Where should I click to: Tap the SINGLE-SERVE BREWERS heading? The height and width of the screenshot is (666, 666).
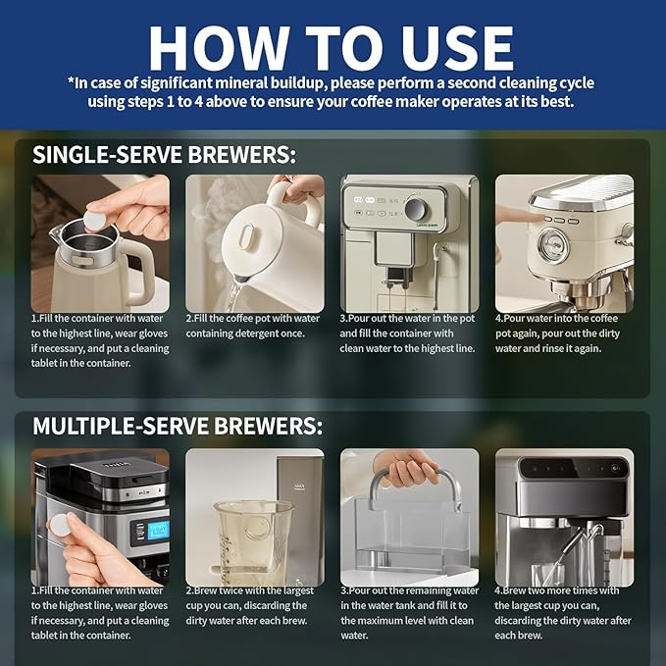click(x=164, y=155)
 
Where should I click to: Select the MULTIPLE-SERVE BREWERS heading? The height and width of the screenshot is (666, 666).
click(x=177, y=426)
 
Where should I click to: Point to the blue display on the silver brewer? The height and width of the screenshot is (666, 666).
click(x=156, y=530)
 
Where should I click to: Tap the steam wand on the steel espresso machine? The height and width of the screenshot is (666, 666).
click(x=585, y=544)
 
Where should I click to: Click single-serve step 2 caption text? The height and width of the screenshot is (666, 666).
click(x=254, y=326)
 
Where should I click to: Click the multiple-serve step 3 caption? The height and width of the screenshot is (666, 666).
click(x=408, y=612)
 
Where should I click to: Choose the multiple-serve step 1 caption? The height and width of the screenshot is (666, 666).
click(x=99, y=612)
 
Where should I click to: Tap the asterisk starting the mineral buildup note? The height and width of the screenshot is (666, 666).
click(x=71, y=82)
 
